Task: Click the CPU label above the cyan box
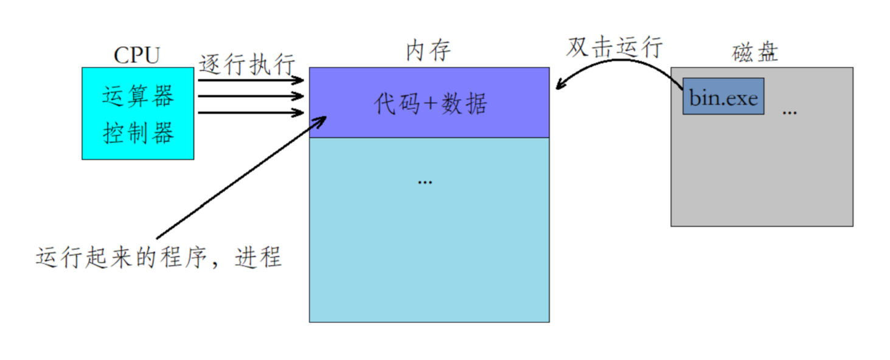(x=136, y=55)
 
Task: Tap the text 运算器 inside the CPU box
(x=138, y=96)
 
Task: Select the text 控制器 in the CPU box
(x=138, y=133)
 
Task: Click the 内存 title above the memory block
(x=428, y=51)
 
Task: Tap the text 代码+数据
(x=430, y=104)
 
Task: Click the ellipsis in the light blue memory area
(x=425, y=181)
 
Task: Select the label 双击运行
(x=614, y=47)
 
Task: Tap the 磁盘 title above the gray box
(x=755, y=53)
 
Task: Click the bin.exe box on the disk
(x=723, y=96)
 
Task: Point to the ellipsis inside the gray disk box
(x=789, y=112)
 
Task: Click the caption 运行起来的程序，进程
(x=158, y=258)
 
